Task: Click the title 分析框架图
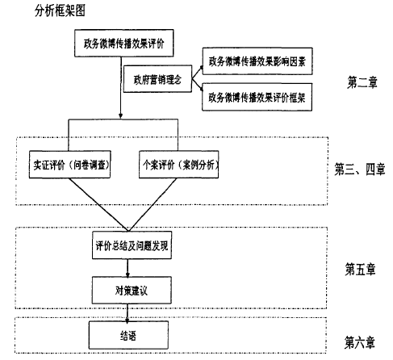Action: point(60,11)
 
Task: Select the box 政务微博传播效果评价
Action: point(123,43)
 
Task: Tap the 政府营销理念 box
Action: point(157,79)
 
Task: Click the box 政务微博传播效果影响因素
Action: point(257,61)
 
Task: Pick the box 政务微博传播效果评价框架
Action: point(257,97)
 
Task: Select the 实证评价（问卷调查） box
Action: point(70,165)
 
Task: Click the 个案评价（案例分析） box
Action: point(178,165)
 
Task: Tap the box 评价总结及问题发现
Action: point(132,245)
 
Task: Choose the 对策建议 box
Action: point(132,291)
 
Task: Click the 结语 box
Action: point(128,335)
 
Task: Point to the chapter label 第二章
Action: point(362,82)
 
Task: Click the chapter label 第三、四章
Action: point(360,170)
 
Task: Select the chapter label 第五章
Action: point(360,269)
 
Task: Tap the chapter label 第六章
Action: point(360,342)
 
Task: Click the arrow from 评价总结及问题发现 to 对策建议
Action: point(128,268)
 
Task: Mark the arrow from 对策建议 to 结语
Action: point(128,313)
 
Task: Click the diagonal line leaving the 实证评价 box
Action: point(98,204)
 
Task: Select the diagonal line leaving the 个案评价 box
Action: point(153,204)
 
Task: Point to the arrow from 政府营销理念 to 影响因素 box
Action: point(197,72)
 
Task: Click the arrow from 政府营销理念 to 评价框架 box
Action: point(197,85)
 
